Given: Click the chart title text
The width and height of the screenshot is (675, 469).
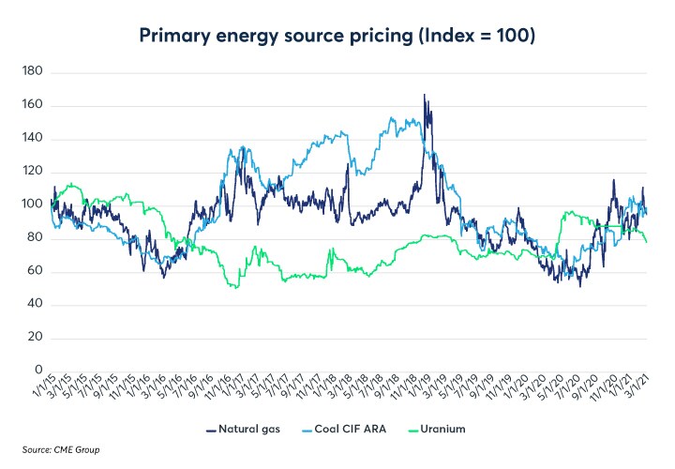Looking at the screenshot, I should click(x=337, y=36).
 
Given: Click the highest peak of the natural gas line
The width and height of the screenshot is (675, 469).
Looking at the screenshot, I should click(x=425, y=95).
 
